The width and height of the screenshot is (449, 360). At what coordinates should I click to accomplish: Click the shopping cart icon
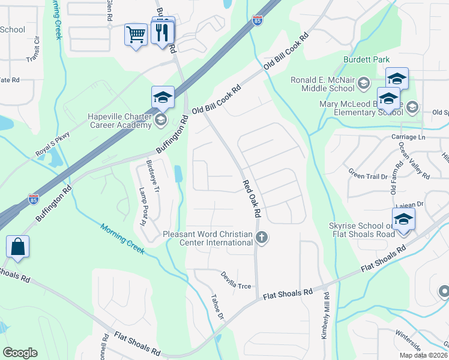coord(136,34)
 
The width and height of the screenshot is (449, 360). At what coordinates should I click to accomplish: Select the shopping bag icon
coord(18,247)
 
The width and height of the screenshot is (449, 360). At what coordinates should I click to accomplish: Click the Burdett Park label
coord(367,59)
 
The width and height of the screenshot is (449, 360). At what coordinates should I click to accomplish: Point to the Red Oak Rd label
coord(252,199)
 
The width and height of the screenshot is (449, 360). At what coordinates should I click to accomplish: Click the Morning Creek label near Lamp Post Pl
coord(122,238)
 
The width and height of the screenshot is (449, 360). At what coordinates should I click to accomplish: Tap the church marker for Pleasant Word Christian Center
coord(261,238)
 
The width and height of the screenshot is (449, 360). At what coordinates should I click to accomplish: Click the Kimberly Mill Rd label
coord(325,316)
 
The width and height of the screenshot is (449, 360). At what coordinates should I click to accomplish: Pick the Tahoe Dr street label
coord(217,307)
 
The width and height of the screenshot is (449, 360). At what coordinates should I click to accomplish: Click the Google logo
coord(20,353)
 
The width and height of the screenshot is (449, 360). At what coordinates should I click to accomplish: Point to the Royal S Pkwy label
coord(53,145)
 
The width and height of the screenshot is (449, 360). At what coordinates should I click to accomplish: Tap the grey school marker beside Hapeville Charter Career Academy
coord(160,121)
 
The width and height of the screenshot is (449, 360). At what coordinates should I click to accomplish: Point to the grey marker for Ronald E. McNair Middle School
coord(363,83)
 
